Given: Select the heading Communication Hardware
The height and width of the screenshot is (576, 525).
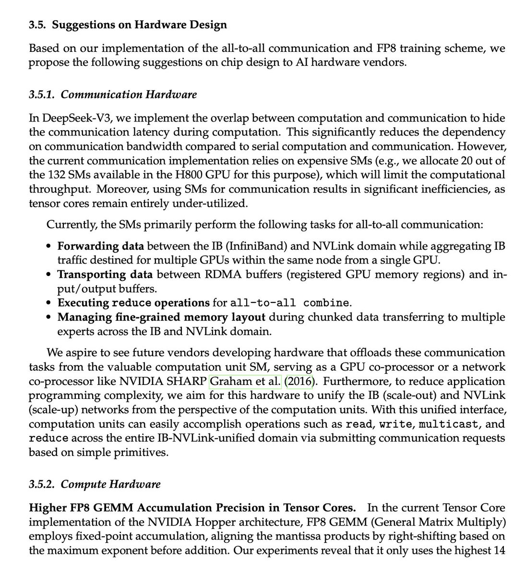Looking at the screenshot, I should (129, 94).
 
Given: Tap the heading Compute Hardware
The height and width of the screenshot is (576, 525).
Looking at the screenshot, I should (111, 484).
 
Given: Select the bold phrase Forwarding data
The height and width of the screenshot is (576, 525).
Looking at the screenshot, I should (100, 247).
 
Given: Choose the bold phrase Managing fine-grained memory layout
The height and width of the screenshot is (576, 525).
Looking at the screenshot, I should (161, 317).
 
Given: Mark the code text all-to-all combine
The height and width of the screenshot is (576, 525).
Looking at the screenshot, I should (289, 303).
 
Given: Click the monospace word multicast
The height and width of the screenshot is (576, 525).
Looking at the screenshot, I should (453, 424).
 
